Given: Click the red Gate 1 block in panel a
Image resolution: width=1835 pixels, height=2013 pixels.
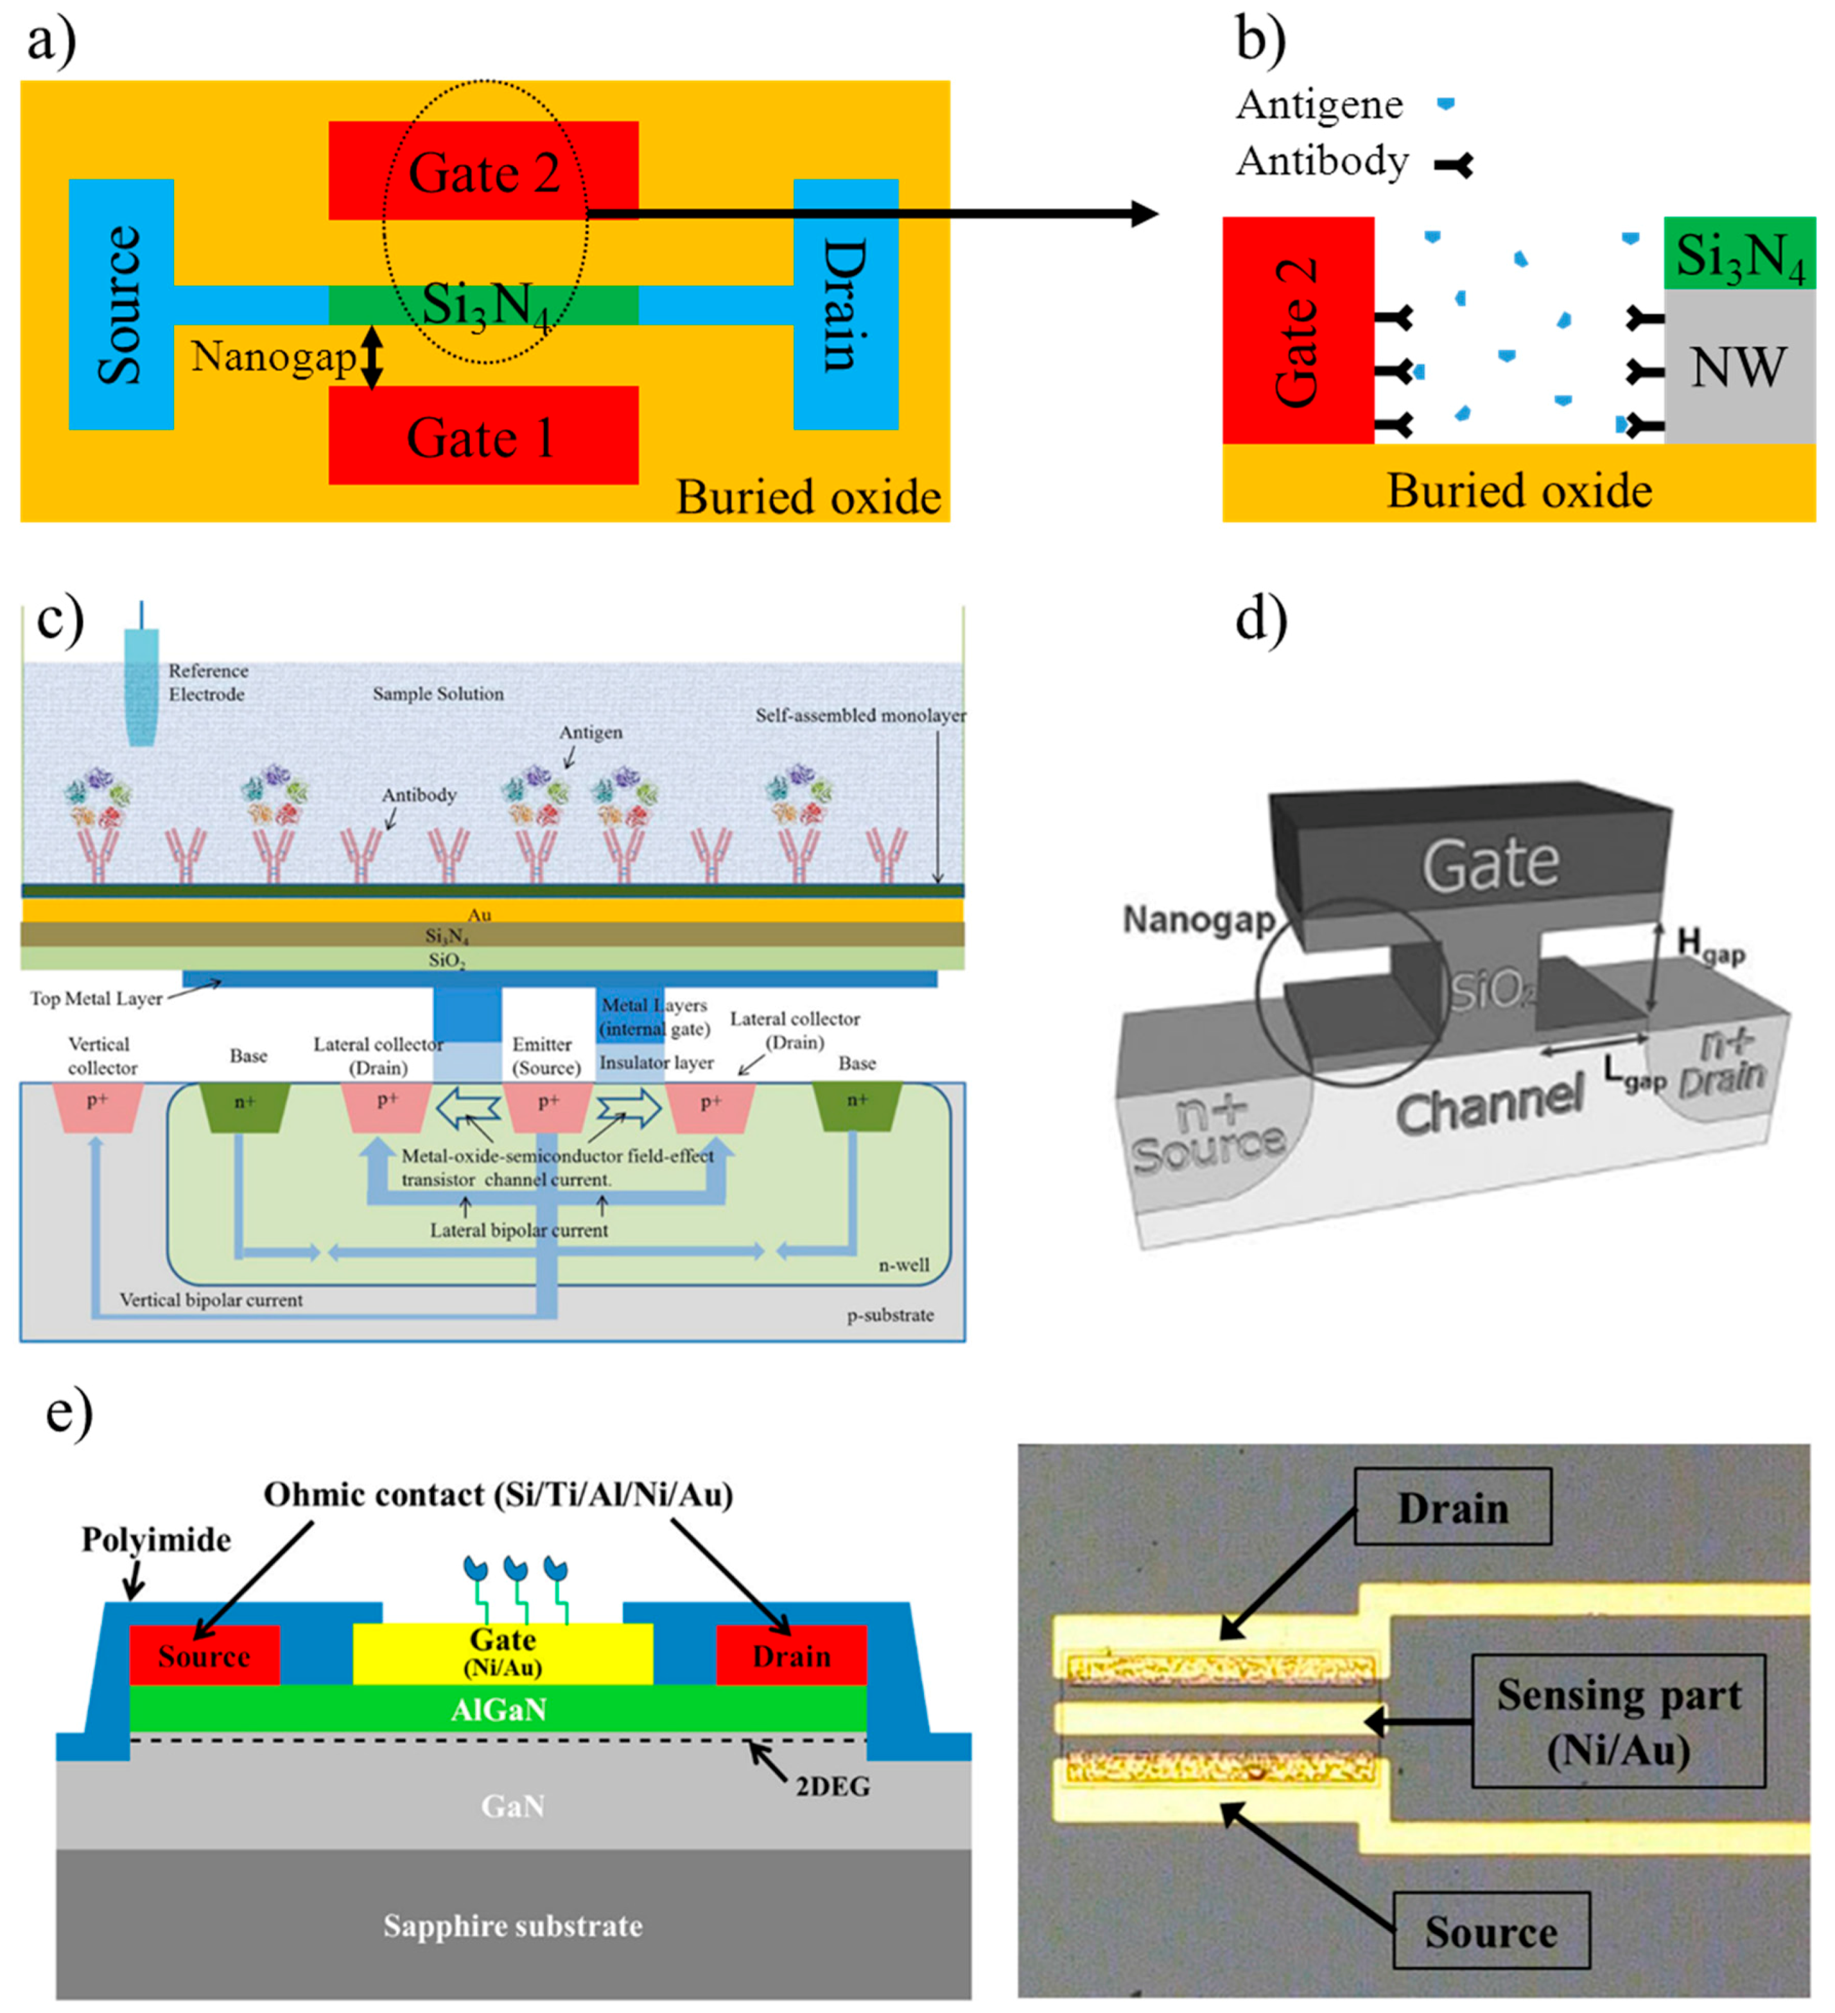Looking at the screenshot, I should coord(483,436).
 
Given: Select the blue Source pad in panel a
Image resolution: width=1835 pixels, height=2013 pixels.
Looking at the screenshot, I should coord(121,304).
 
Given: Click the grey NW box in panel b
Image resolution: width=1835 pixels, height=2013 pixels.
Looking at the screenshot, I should coord(1738,367).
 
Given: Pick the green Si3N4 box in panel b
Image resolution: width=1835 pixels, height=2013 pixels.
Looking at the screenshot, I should coord(1738,254).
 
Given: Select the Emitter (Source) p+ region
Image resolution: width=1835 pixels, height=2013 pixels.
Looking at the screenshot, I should coord(548,1106).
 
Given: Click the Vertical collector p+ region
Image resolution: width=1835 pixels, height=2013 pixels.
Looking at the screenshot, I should coord(97,1106).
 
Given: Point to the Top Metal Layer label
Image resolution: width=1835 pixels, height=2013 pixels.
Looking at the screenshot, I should coord(96,999).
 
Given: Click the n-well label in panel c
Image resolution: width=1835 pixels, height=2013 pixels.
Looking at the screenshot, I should coord(903,1265).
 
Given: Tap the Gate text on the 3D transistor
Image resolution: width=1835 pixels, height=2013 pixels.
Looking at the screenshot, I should coord(1490,865).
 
